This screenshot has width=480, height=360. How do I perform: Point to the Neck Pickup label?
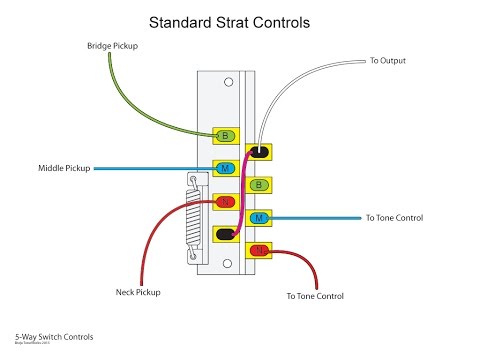137,292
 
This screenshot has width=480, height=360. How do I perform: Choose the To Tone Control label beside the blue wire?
397,217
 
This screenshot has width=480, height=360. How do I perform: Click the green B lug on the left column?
226,135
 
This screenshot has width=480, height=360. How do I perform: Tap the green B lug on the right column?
260,185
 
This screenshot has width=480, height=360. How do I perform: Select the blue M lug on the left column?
226,168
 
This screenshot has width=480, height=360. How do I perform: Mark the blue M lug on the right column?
260,217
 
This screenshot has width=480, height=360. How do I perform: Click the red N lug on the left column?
226,201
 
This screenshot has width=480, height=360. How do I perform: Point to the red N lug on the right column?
260,250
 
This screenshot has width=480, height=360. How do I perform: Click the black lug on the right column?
260,152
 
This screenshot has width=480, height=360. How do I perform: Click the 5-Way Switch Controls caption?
47,339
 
